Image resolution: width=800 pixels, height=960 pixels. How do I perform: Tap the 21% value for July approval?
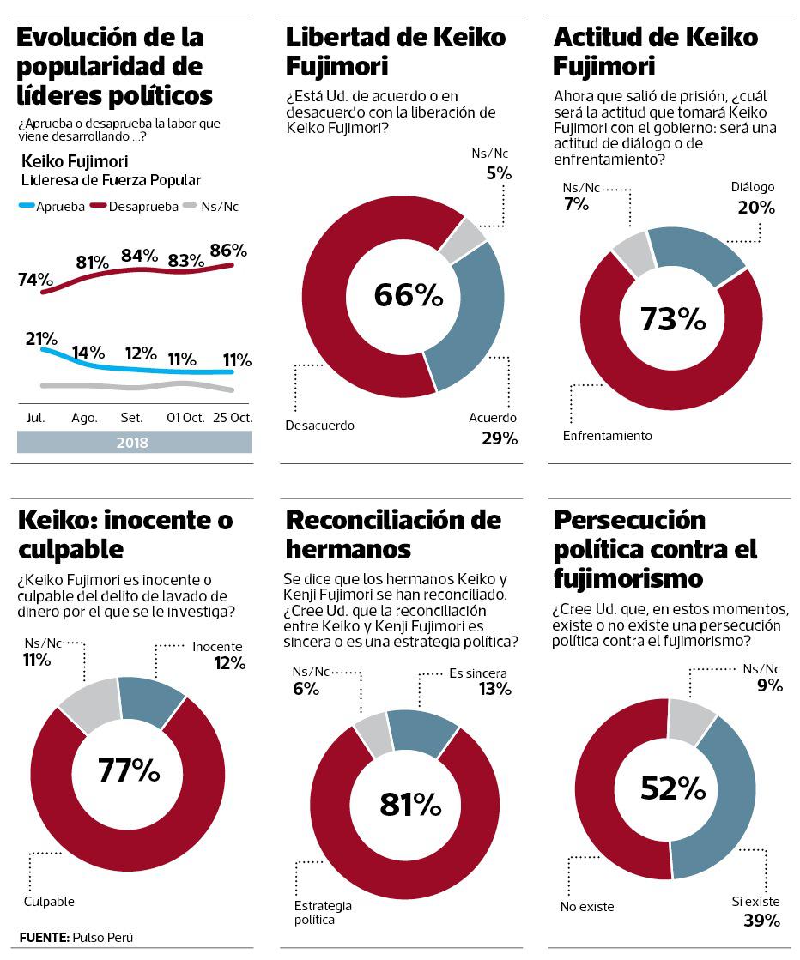[40, 339]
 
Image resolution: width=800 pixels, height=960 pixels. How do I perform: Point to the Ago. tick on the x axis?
[84, 418]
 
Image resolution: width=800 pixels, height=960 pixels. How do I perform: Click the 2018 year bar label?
[133, 443]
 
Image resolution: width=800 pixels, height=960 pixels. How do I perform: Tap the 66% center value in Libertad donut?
[409, 295]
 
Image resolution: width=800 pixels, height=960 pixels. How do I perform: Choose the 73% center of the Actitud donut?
[673, 318]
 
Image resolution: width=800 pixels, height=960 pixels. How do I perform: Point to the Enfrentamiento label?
[607, 436]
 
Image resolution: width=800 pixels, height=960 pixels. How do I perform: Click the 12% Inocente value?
[229, 662]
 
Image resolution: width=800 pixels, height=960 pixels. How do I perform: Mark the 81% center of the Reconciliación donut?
[409, 804]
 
